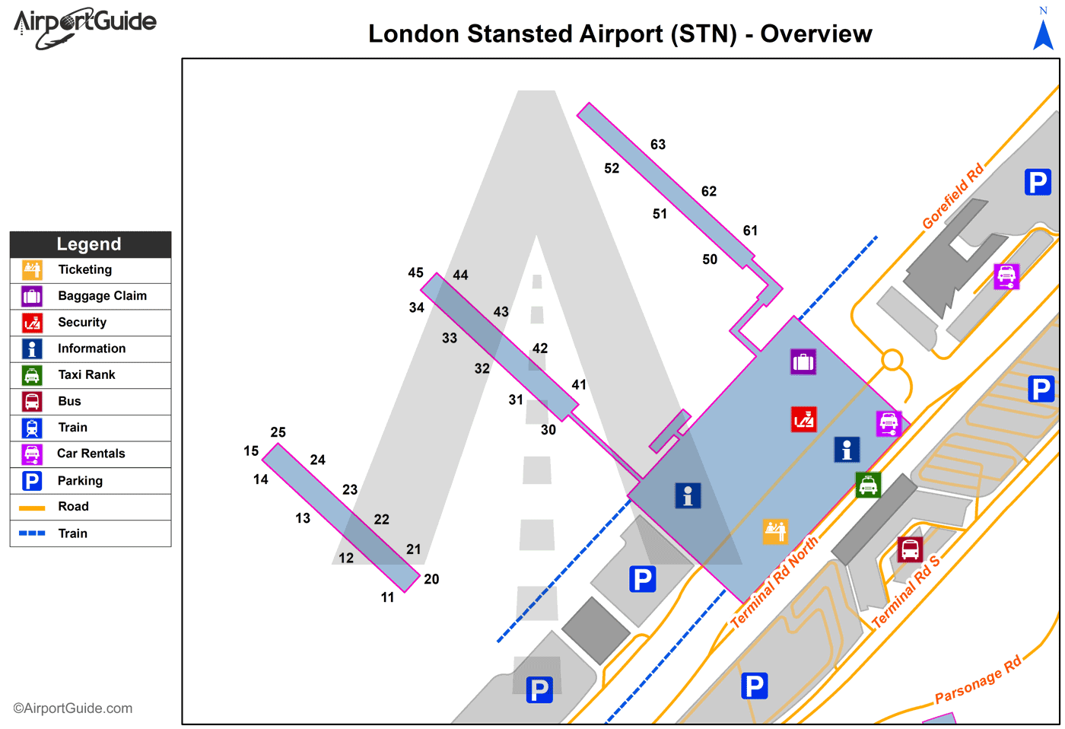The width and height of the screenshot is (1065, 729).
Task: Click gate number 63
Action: coord(658,145)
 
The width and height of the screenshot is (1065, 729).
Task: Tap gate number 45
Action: coord(415,272)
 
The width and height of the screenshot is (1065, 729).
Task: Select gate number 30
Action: coord(548,430)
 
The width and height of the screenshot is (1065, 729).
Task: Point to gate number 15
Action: coord(251,450)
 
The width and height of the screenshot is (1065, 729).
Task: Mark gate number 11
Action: coord(387,597)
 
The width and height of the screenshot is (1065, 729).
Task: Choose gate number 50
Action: coord(710,259)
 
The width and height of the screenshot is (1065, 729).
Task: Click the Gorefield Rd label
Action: coord(952,196)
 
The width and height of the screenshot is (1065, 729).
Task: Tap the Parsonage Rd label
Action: coord(978,680)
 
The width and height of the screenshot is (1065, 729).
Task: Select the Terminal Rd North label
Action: coord(774,581)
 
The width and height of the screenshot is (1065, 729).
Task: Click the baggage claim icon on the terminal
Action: coord(803,362)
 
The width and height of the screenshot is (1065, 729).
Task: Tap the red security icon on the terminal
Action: coord(803,419)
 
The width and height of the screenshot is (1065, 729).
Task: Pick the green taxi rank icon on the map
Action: coord(868,485)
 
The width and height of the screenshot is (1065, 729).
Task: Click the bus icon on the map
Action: coord(910,549)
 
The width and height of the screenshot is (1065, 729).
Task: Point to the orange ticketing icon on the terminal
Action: coord(775,532)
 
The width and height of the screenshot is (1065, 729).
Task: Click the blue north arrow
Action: coord(1043,33)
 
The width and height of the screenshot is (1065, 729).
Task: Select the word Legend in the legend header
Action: coord(89,244)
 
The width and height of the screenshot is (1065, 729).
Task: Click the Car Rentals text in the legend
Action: coord(91,454)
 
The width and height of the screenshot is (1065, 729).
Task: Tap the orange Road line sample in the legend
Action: coord(32,508)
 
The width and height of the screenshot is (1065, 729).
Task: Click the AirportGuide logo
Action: coord(84,27)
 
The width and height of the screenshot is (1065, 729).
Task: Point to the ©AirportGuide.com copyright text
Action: coord(72,708)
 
